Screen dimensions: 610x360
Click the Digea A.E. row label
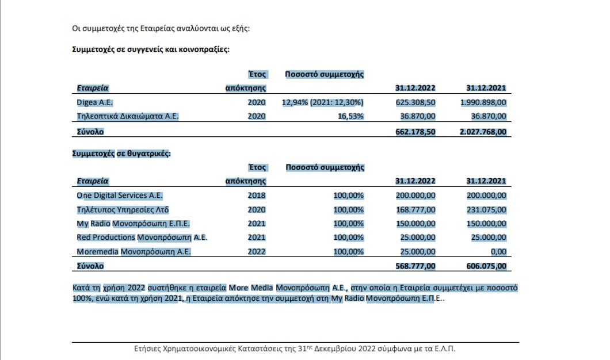click(x=94, y=102)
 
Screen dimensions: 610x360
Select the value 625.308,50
click(x=415, y=102)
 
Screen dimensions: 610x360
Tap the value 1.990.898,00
click(x=483, y=102)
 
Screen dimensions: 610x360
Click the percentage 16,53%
click(x=350, y=116)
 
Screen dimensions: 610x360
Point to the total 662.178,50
click(x=415, y=132)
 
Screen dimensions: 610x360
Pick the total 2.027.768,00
click(x=483, y=132)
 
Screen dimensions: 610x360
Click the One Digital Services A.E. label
click(x=120, y=196)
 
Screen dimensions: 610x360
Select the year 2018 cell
click(x=257, y=196)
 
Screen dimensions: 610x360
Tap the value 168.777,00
click(x=415, y=210)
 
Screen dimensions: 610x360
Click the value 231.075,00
click(x=487, y=210)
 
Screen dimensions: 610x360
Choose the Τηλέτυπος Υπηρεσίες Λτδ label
click(x=123, y=210)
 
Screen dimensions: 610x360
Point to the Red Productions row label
click(x=142, y=238)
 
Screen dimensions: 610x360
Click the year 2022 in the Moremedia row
click(x=257, y=251)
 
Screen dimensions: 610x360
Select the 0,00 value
click(x=499, y=251)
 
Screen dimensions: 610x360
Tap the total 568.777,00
click(x=415, y=266)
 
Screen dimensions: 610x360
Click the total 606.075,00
click(x=487, y=266)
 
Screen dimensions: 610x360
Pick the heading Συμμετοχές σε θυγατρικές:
click(x=121, y=154)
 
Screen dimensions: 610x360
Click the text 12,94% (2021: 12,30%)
click(x=323, y=102)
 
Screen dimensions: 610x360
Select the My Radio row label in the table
click(x=133, y=224)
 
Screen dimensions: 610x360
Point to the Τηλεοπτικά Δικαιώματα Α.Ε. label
click(x=128, y=116)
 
